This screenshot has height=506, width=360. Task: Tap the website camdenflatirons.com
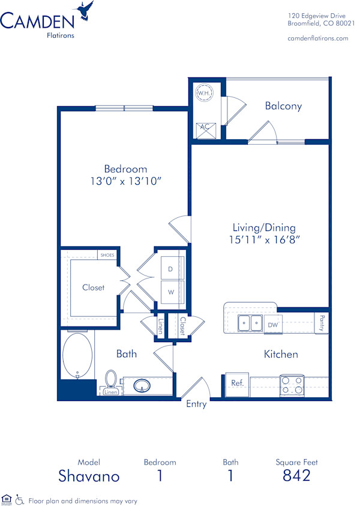click(318, 38)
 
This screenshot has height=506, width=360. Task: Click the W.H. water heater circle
click(203, 94)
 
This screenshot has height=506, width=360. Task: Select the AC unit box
click(203, 127)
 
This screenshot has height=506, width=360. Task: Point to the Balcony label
click(283, 106)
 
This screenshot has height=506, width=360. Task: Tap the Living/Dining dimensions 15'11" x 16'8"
click(264, 239)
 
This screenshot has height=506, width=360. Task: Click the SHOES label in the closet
click(107, 255)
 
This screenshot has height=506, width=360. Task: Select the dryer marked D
click(170, 270)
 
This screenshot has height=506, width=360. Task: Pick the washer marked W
click(170, 292)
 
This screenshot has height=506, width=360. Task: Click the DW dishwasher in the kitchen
click(272, 325)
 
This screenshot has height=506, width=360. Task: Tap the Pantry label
click(322, 323)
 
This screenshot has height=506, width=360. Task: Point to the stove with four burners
click(292, 384)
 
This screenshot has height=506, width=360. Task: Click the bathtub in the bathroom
click(77, 355)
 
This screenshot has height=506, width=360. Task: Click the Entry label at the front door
click(196, 404)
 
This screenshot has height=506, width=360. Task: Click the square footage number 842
click(296, 476)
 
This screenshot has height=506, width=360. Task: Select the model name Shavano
click(89, 477)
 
